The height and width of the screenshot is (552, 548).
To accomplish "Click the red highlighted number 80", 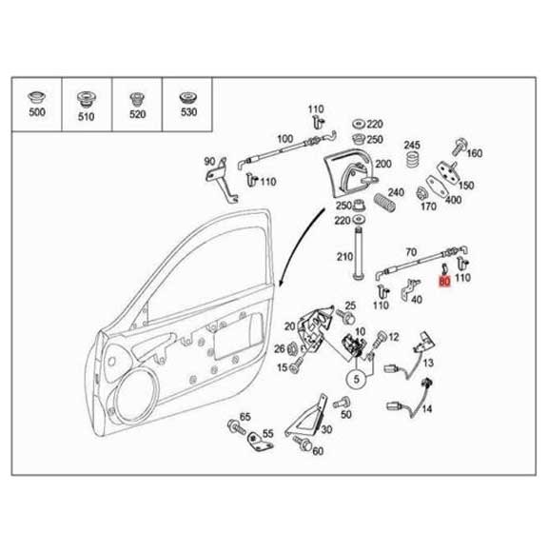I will (445, 282).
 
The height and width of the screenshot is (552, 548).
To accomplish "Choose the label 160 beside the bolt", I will (475, 153).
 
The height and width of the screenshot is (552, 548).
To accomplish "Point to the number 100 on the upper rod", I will (284, 140).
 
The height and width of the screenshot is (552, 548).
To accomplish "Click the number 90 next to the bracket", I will (211, 162).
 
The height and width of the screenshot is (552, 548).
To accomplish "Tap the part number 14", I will (427, 409).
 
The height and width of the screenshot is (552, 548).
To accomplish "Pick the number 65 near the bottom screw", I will (245, 418).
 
